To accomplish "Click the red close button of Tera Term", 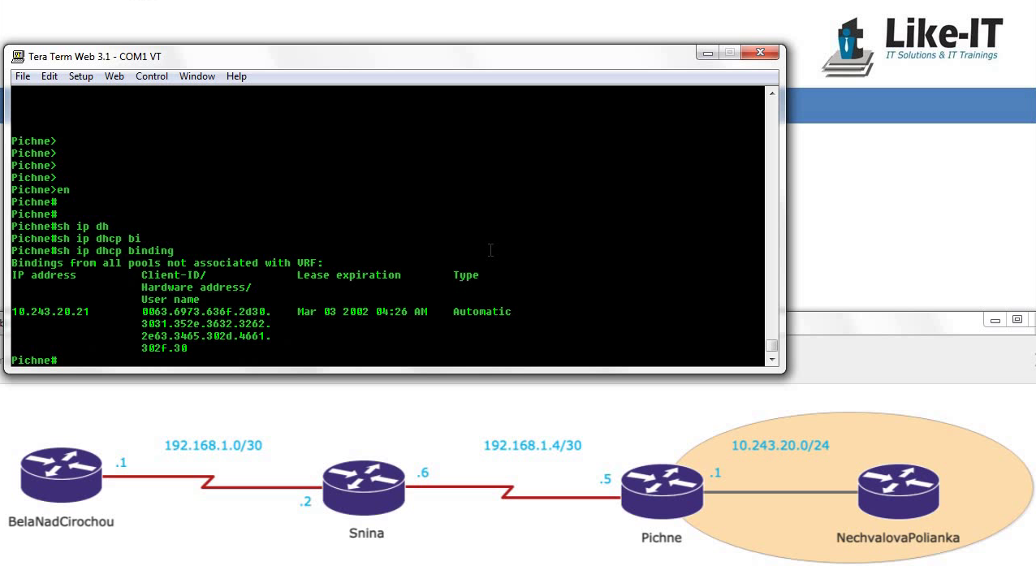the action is (760, 52).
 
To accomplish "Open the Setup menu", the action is (81, 76).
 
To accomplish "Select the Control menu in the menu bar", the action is (152, 76).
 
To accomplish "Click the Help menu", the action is (236, 76).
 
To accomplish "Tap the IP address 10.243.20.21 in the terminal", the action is (50, 312).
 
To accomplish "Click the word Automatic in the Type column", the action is (482, 312).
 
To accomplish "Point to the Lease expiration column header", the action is (349, 275).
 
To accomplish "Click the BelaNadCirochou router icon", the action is (61, 474).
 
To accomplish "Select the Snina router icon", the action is (364, 487).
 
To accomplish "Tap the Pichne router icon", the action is (662, 491).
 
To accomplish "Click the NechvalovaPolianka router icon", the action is (898, 491).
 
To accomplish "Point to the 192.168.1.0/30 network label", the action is (214, 445).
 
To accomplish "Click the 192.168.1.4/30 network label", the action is (533, 445).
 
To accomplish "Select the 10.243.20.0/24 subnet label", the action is (780, 445).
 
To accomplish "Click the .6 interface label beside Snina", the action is (423, 473).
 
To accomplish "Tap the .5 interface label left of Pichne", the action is (606, 479).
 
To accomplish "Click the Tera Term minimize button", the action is (708, 53).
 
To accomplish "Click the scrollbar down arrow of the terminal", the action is (772, 359).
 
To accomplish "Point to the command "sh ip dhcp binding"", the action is (115, 251).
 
